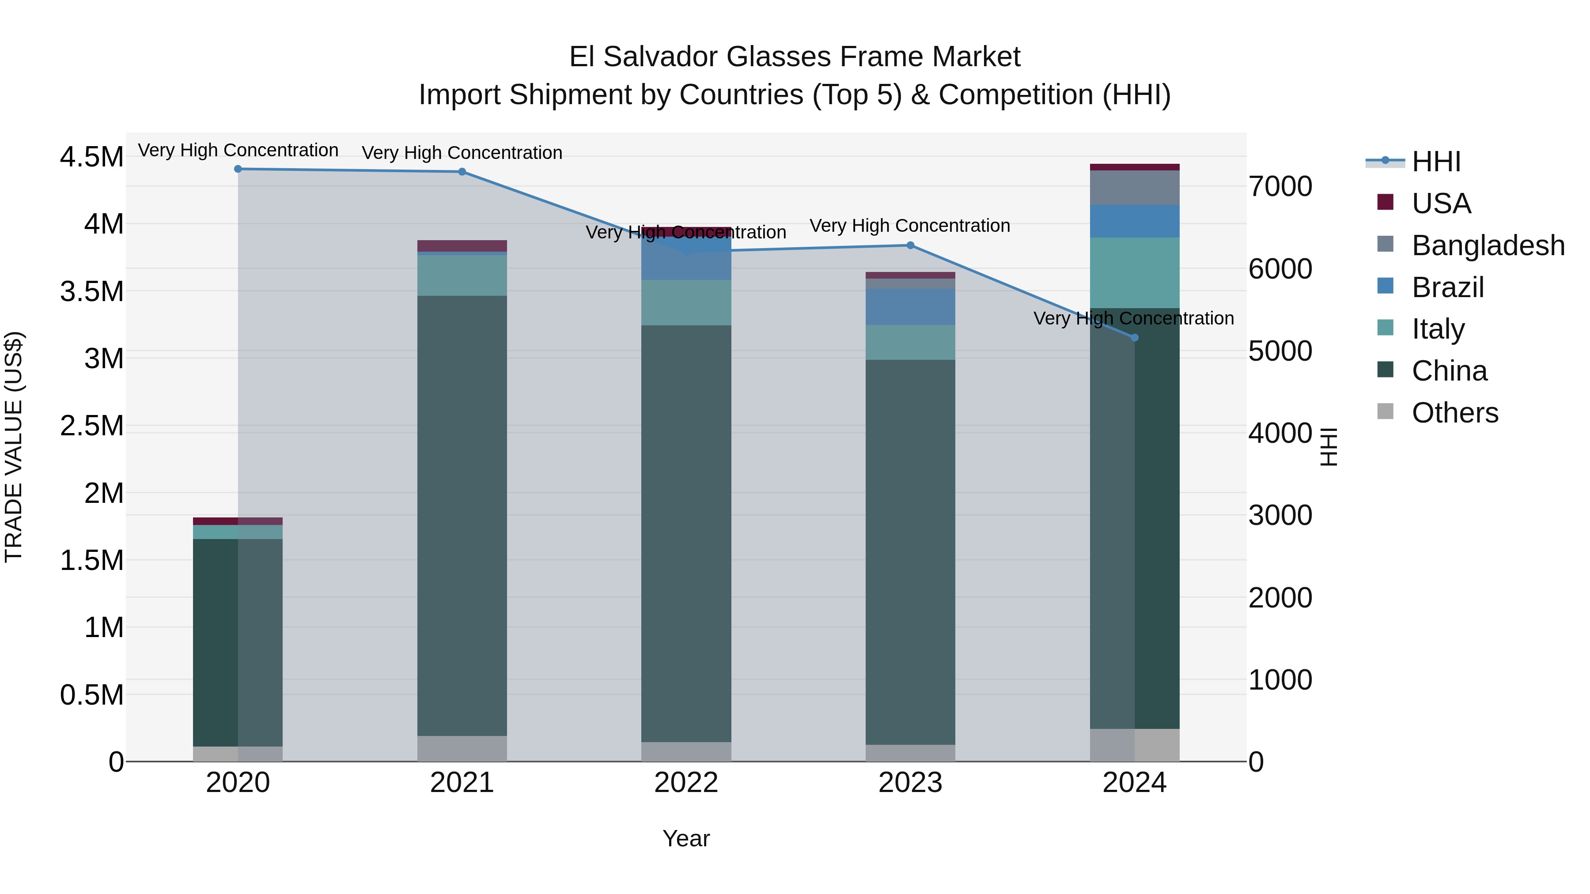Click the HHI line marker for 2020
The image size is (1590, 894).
[x=238, y=169]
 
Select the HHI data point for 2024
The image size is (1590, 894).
[x=1135, y=337]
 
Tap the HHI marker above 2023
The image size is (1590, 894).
[x=910, y=245]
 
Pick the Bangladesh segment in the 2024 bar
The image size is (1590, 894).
[x=1135, y=188]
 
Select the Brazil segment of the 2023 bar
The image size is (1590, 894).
[x=910, y=307]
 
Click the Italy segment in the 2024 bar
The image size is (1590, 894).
[x=1135, y=273]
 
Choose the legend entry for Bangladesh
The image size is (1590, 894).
[x=1488, y=245]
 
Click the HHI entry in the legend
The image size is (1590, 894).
[x=1436, y=162]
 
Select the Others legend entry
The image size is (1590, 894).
[x=1454, y=413]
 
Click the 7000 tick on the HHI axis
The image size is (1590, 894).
[x=1280, y=186]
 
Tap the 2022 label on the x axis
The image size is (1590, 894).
[x=686, y=783]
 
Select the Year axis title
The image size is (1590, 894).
[x=686, y=838]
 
